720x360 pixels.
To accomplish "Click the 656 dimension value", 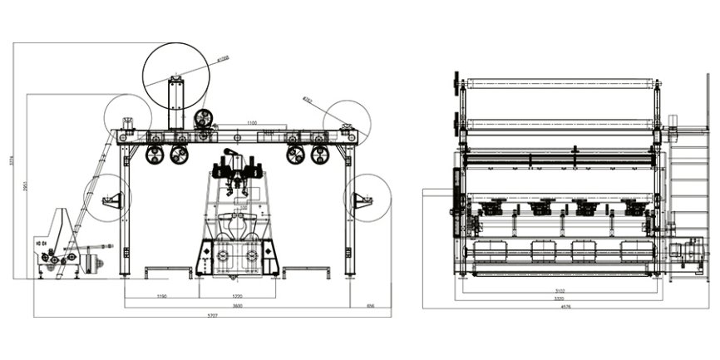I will [370, 306].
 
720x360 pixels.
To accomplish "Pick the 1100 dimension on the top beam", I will [251, 123].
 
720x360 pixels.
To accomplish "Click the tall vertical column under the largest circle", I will [175, 104].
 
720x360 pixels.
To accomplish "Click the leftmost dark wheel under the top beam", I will [154, 155].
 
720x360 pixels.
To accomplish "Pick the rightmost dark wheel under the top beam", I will [320, 155].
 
